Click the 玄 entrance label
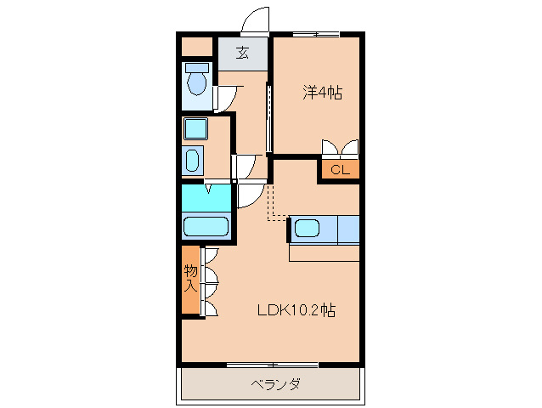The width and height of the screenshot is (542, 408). tap(242, 53)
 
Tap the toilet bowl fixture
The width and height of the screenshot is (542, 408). tap(197, 83)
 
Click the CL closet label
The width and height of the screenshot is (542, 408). tap(340, 170)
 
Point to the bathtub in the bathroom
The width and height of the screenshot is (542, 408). tap(206, 227)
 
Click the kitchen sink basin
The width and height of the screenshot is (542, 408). tap(307, 229)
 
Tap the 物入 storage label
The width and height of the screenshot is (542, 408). tap(191, 279)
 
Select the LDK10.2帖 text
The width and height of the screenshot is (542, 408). tap(296, 310)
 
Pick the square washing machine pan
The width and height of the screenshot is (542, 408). tap(196, 129)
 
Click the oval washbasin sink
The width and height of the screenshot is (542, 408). tap(193, 161)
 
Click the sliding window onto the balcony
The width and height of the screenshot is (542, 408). tap(272, 365)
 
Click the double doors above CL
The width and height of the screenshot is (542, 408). tap(340, 147)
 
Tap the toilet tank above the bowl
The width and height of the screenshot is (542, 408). tap(197, 66)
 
